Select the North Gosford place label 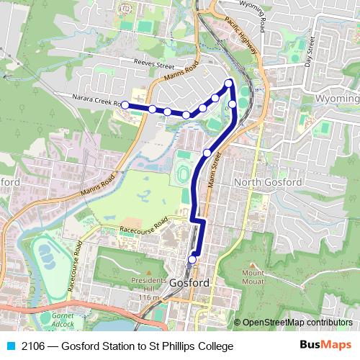coord(269,182)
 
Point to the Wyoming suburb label coord(337,98)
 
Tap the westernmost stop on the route coord(125,105)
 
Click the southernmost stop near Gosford coord(192,259)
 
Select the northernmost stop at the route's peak coord(229,84)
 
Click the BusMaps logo coord(325,346)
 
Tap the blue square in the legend coord(11,346)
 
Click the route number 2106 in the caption coord(35,346)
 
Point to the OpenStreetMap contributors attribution coord(297,323)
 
